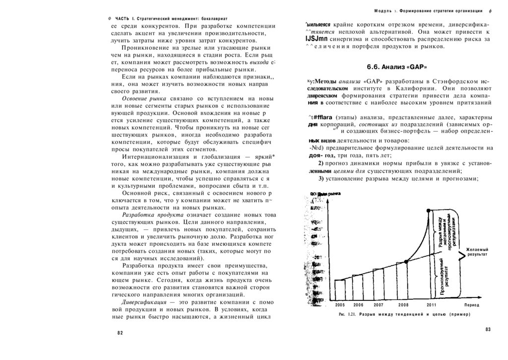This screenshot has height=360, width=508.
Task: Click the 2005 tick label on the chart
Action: (x=340, y=304)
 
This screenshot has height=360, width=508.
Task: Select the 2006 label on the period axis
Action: (x=358, y=304)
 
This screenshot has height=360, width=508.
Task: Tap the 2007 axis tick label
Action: (x=379, y=304)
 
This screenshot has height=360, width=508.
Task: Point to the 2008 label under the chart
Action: (x=403, y=304)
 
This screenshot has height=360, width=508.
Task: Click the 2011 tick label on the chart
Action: (x=432, y=304)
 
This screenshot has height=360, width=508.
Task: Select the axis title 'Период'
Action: (x=472, y=304)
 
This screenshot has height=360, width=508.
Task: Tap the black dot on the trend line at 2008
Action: (x=406, y=261)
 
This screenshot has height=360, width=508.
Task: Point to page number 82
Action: (x=120, y=333)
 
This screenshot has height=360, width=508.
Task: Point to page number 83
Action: (x=487, y=330)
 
